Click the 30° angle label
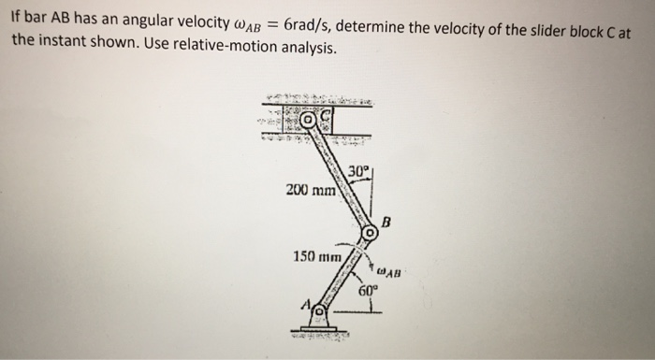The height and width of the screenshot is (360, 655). tap(357, 171)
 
